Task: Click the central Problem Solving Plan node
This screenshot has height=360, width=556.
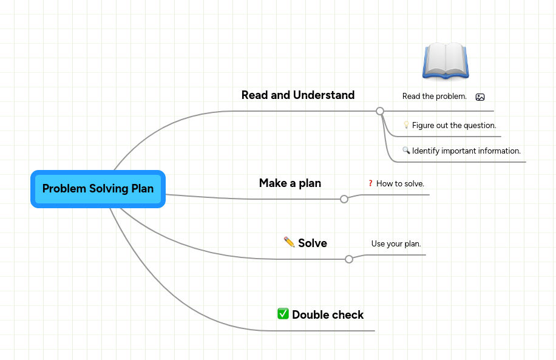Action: click(x=98, y=189)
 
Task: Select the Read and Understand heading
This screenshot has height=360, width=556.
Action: click(x=297, y=95)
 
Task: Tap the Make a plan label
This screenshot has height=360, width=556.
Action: click(x=290, y=183)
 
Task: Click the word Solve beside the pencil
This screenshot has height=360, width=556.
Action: click(x=313, y=243)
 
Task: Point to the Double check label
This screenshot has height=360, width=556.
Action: click(x=328, y=315)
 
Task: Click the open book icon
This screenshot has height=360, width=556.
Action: click(x=446, y=61)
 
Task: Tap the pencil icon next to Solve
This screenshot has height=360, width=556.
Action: click(x=290, y=242)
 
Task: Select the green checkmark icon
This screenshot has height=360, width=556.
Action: click(x=283, y=314)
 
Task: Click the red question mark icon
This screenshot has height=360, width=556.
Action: click(x=370, y=183)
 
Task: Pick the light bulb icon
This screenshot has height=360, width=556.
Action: click(x=406, y=125)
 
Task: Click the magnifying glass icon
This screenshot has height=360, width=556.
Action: click(x=406, y=151)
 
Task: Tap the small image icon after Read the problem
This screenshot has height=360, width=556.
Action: click(x=480, y=97)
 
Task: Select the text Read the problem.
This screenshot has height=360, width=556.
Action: click(x=434, y=97)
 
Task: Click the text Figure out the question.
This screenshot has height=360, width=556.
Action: click(x=454, y=126)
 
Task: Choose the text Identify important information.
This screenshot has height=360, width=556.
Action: click(x=466, y=151)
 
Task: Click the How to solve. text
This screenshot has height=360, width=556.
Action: click(x=400, y=183)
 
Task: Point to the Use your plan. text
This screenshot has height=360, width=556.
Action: click(x=396, y=244)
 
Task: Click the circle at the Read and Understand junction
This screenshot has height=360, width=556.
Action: click(x=380, y=111)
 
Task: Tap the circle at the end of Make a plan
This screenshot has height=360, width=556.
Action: click(x=344, y=199)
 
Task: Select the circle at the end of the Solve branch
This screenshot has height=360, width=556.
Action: click(x=349, y=259)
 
